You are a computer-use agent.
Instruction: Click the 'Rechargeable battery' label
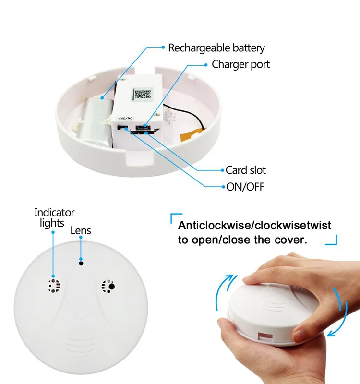click(x=216, y=48)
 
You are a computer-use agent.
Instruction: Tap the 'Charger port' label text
click(x=240, y=64)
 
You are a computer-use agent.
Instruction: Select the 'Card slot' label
click(x=246, y=170)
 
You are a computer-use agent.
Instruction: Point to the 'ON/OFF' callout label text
click(x=245, y=187)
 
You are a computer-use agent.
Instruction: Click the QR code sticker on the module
click(x=142, y=95)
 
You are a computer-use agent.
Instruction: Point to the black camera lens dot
click(x=81, y=263)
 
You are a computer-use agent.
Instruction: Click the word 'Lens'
click(x=81, y=230)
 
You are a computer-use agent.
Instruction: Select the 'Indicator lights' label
click(x=54, y=218)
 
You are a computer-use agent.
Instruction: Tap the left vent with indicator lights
click(x=54, y=286)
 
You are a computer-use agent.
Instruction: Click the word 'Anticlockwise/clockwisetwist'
click(x=254, y=225)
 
